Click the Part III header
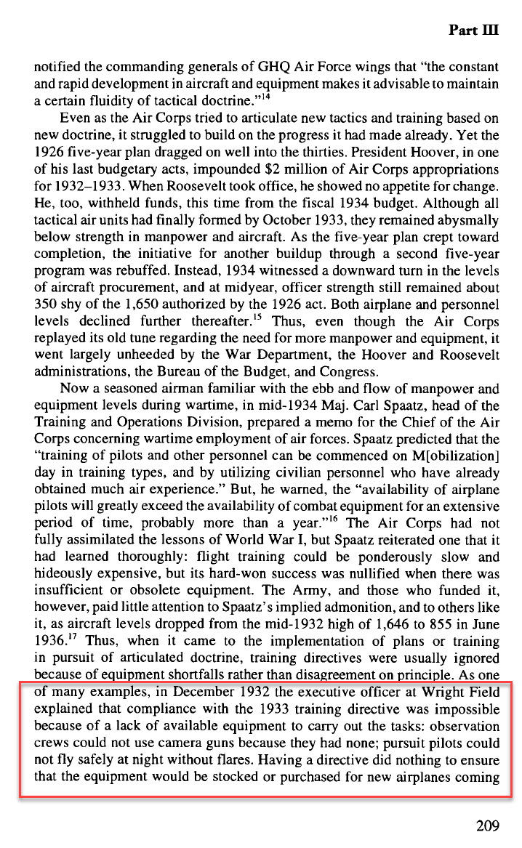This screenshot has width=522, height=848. click(474, 30)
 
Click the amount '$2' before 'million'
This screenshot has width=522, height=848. click(284, 168)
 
